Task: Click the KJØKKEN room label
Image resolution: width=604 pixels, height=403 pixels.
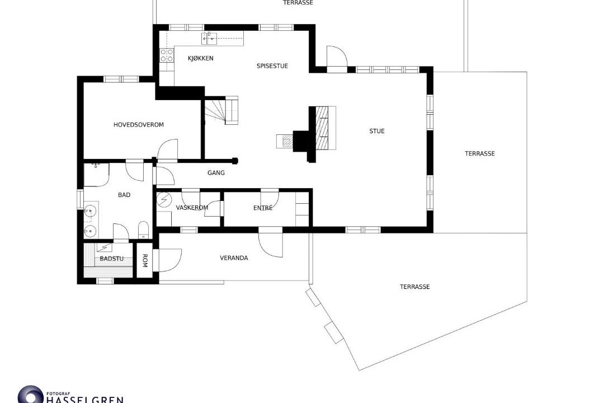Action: (x=200, y=58)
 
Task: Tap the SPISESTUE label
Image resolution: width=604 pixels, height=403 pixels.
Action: (x=272, y=66)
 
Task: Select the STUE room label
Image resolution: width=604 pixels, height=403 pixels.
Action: (x=377, y=131)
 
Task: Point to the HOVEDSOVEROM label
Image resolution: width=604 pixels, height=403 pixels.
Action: (x=139, y=125)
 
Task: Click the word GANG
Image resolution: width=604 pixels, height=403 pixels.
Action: (x=216, y=173)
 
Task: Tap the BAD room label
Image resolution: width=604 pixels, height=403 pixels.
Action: (x=124, y=195)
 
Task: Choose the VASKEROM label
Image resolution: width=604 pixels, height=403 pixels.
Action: (x=192, y=208)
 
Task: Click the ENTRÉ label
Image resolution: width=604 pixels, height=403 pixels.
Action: (x=263, y=208)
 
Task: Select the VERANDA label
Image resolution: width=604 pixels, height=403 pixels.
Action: (x=234, y=257)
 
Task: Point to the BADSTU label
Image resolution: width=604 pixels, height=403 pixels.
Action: (x=112, y=259)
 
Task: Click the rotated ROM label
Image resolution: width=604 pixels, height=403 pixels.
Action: (x=145, y=260)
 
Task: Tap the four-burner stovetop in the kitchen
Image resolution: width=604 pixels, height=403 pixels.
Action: (x=167, y=55)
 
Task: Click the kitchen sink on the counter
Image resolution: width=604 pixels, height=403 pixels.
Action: (x=209, y=38)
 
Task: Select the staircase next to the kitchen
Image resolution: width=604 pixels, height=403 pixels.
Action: (x=221, y=110)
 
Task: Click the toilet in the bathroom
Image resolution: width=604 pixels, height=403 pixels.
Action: (x=143, y=229)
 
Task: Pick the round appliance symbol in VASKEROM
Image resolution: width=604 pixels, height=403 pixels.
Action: (x=164, y=199)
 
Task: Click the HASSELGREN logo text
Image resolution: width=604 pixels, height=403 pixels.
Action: (x=85, y=399)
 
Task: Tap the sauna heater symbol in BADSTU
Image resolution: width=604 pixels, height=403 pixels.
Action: (x=104, y=247)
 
